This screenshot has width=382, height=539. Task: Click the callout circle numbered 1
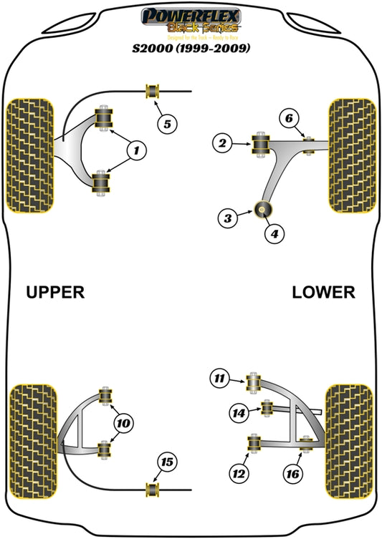(x=134, y=150)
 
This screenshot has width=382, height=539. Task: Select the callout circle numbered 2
(x=222, y=145)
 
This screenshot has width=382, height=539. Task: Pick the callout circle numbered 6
(x=167, y=125)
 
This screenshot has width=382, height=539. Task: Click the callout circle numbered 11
(x=219, y=379)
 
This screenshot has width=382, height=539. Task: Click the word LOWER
(x=323, y=292)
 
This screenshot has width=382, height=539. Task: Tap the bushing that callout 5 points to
(x=152, y=91)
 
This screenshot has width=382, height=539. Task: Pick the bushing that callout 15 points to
(x=152, y=489)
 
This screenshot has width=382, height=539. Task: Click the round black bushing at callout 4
(x=263, y=210)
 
